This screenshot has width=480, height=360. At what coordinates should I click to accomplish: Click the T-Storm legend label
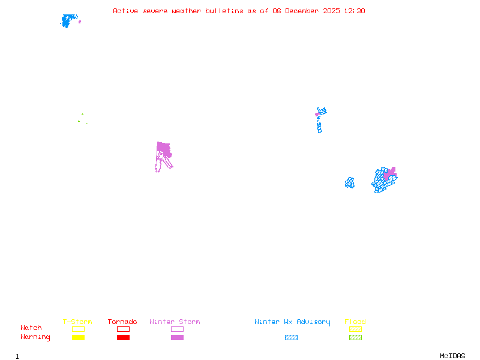coord(77,322)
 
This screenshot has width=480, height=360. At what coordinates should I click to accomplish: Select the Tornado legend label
coord(122,322)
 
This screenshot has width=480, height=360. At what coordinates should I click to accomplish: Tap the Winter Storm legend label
coord(175,322)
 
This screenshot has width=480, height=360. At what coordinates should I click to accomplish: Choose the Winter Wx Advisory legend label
coord(292,322)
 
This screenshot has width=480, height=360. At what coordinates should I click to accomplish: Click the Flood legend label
coord(355,322)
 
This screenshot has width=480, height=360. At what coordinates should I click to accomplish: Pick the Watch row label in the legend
coord(31,328)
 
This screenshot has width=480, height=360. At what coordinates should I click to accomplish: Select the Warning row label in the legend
coord(35,337)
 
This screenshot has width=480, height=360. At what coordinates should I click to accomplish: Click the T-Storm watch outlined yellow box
coord(78,329)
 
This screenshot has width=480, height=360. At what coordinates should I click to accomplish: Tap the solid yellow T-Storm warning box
coord(78,337)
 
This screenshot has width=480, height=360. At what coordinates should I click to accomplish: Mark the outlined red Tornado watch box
coord(123,329)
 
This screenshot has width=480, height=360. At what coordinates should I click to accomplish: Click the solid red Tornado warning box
coord(123,337)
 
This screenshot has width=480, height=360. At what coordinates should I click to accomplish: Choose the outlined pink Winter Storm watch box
coord(177,329)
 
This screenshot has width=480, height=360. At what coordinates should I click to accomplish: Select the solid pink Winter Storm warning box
coord(177,337)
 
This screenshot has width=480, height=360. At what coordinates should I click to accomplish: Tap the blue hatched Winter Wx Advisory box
coord(291,337)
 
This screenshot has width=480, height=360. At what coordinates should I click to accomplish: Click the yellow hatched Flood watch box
coord(355,329)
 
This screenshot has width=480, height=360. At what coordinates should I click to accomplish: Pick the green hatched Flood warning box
coord(355,337)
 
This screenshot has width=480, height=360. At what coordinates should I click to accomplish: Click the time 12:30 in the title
coord(354,11)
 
